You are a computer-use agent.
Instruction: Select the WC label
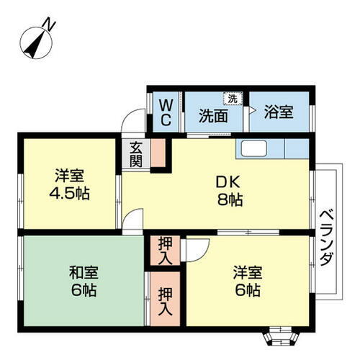(x=165, y=112)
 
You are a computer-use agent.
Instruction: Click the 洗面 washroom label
(x=213, y=113)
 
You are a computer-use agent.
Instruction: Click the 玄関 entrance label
(x=135, y=153)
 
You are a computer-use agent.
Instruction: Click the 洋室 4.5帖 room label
(x=71, y=184)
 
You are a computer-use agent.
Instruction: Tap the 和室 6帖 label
(x=84, y=282)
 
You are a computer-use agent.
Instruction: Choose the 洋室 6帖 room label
(x=246, y=282)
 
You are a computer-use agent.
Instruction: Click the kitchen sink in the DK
(x=254, y=148)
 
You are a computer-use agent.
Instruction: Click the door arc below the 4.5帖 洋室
(x=131, y=222)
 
